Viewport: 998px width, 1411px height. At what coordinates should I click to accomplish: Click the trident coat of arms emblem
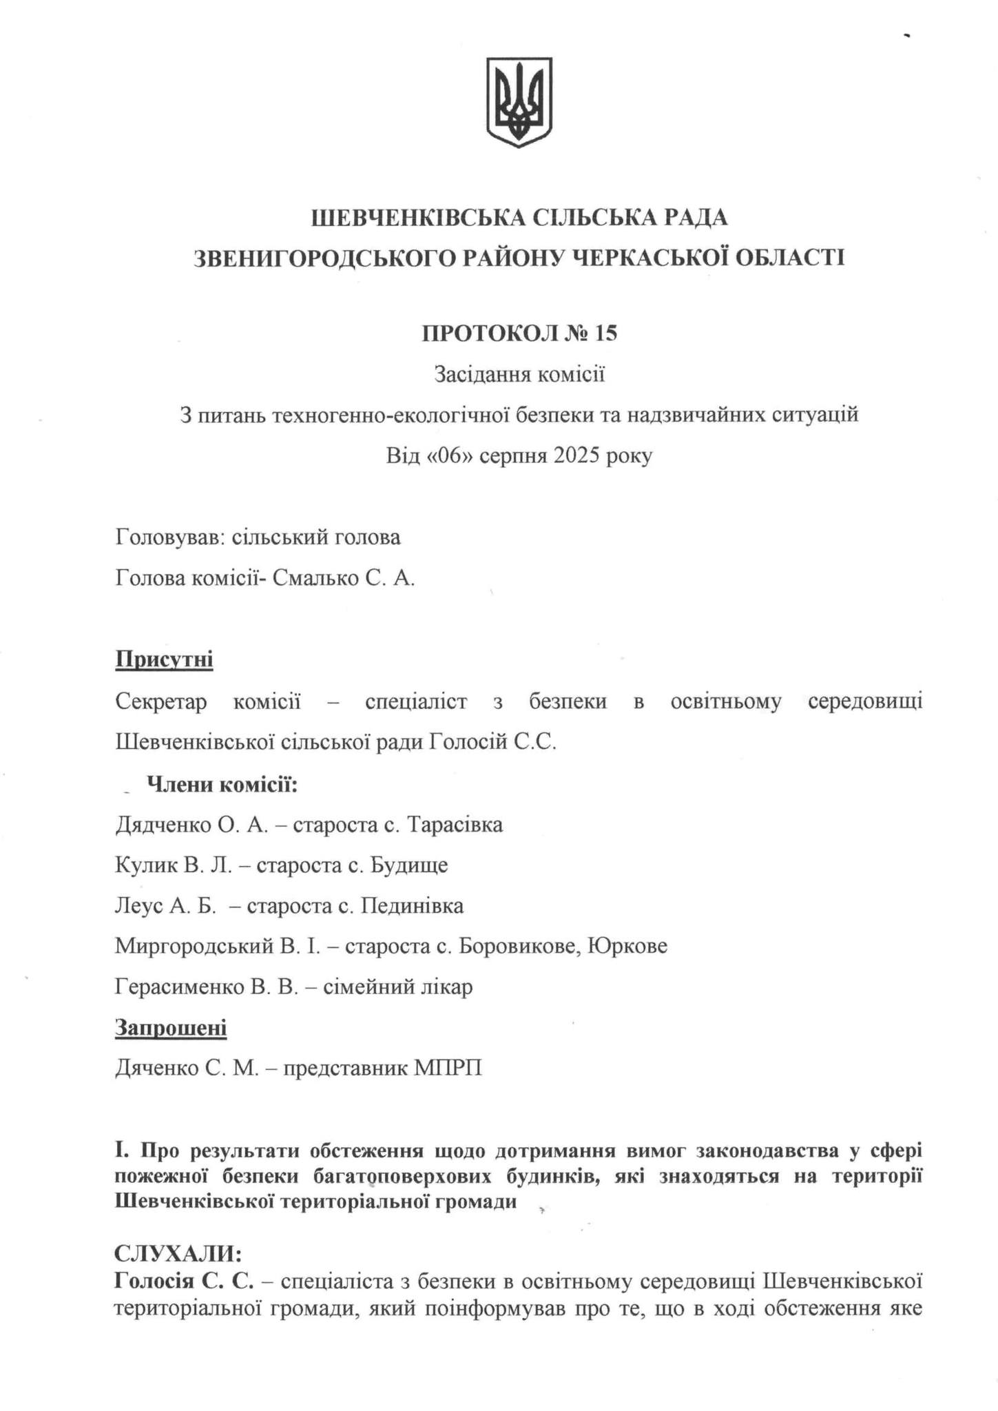tap(519, 101)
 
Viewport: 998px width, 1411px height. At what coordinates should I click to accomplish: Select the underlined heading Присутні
tap(164, 659)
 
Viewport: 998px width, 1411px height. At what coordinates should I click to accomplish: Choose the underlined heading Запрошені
tap(171, 1028)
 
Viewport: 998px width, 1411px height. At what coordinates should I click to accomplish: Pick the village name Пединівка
tap(413, 905)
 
